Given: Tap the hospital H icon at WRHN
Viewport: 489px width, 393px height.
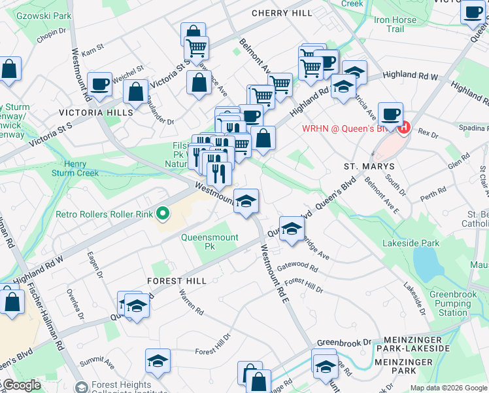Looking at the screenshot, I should tap(405, 128).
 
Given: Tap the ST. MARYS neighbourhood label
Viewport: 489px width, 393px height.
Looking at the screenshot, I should tap(369, 167).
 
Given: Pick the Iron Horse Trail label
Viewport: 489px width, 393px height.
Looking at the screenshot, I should tap(390, 24).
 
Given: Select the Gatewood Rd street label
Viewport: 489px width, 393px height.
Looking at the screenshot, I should tap(297, 267).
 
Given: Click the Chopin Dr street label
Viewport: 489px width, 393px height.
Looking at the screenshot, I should tap(52, 34).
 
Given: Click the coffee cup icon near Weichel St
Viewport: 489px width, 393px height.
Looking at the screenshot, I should tap(100, 84).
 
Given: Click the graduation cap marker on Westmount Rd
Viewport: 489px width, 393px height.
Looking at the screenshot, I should tap(246, 201).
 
